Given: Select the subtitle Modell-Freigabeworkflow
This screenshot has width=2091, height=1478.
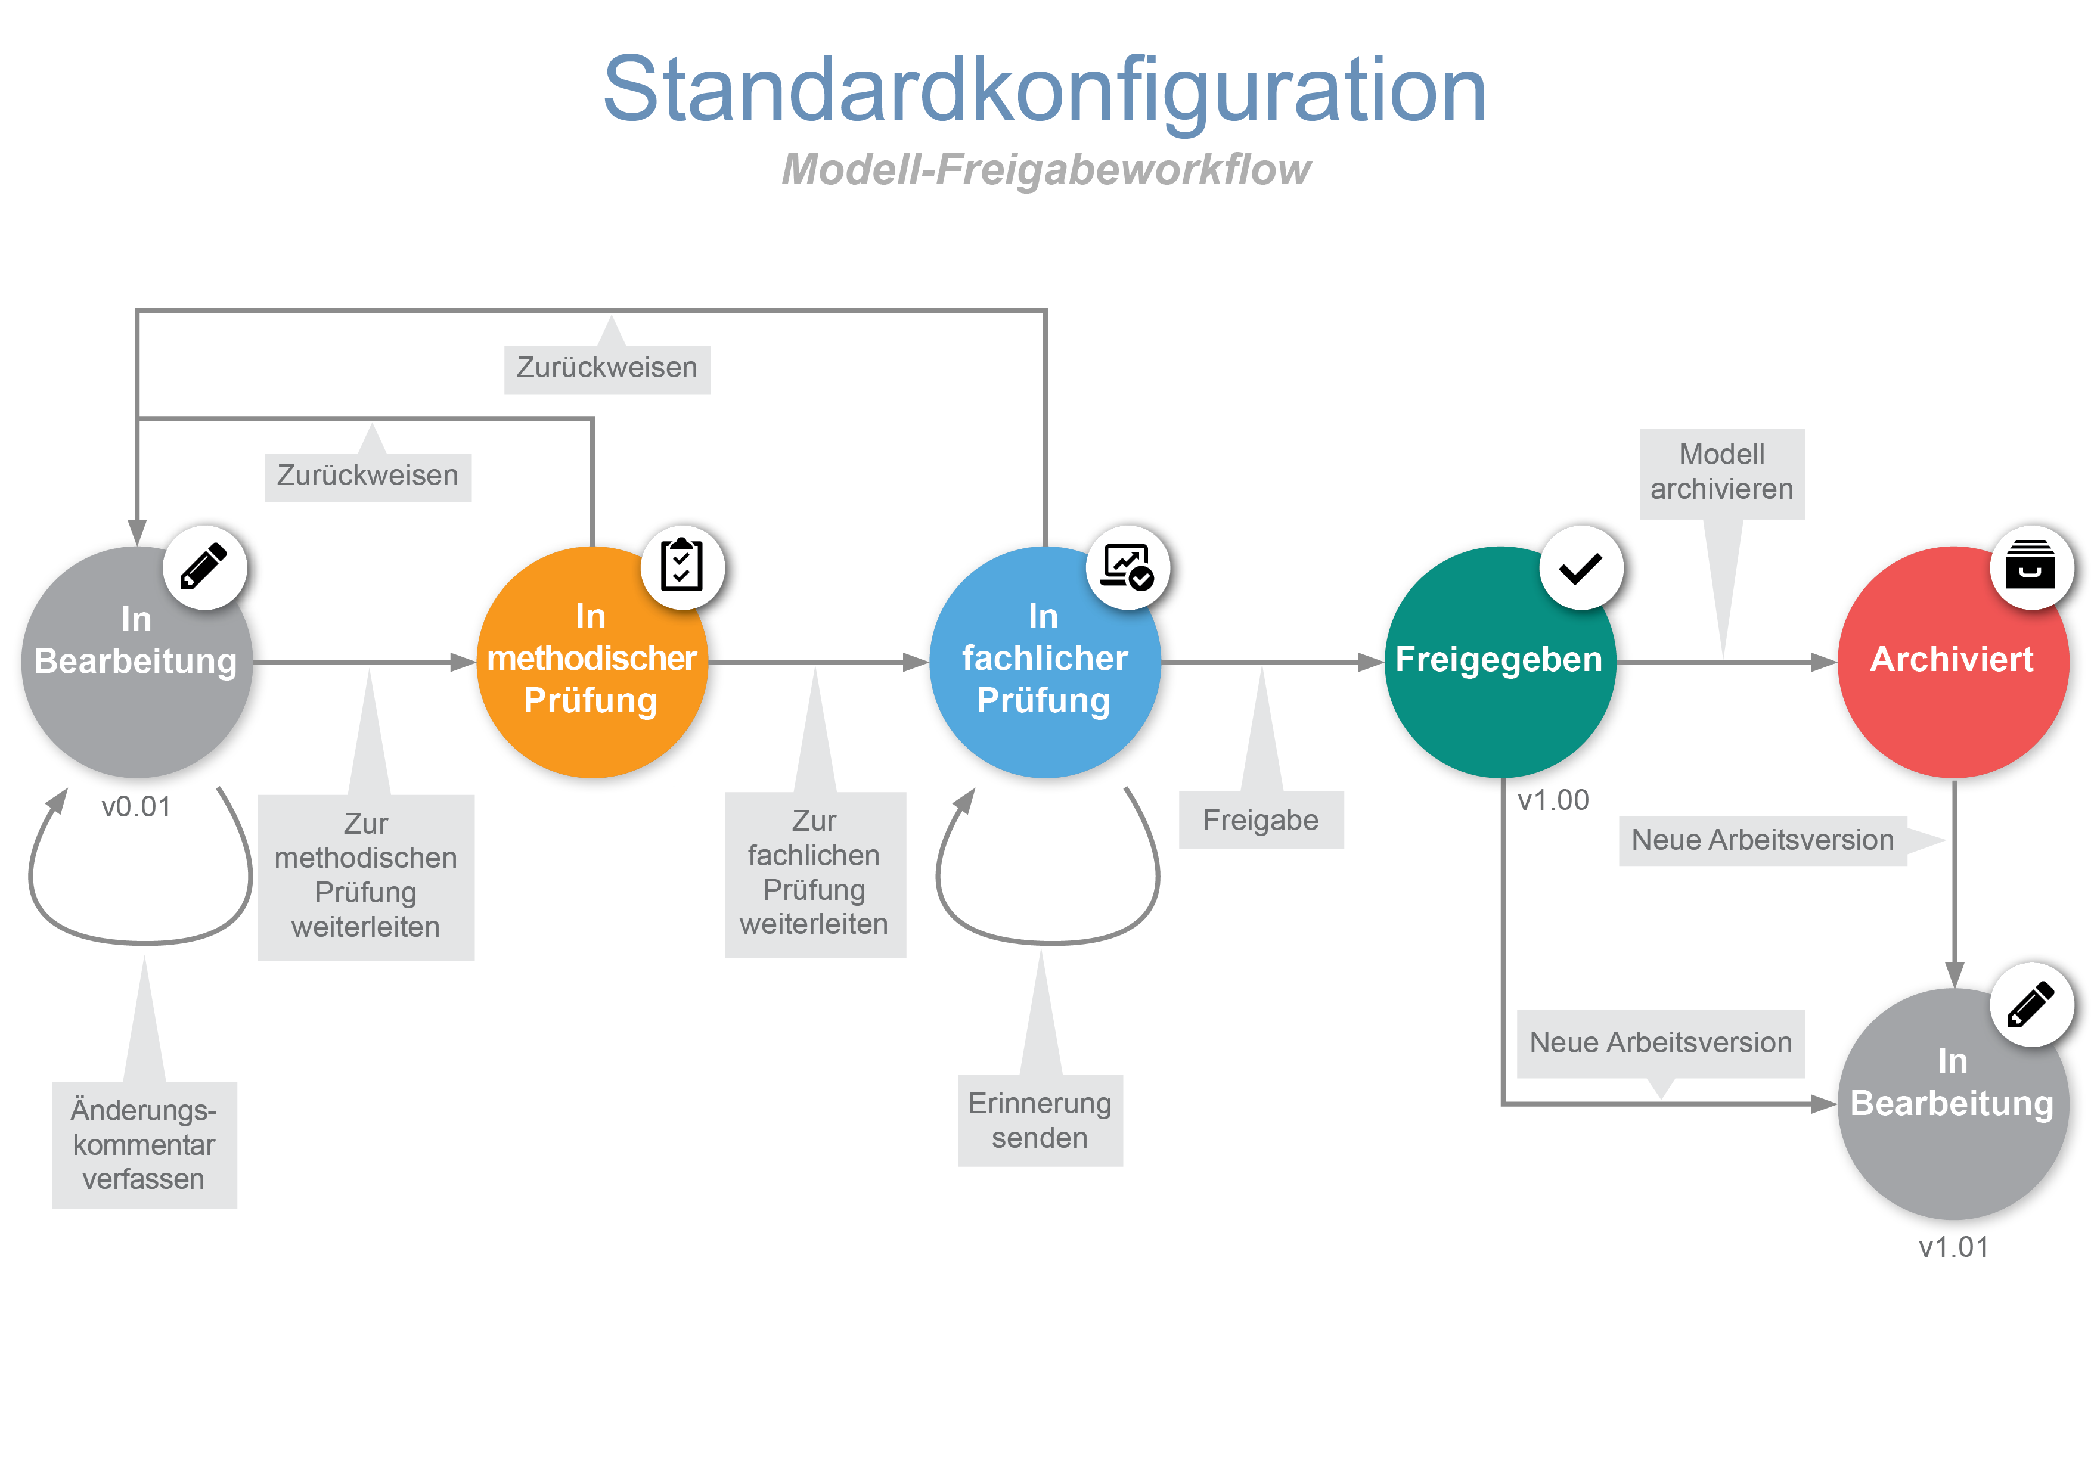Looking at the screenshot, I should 1045,169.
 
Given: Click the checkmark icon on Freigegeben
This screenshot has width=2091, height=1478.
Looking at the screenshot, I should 1580,568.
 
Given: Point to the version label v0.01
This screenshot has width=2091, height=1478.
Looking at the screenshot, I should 136,807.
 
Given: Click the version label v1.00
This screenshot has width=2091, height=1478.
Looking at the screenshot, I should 1553,800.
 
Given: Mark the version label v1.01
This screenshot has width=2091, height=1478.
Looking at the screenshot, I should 1953,1247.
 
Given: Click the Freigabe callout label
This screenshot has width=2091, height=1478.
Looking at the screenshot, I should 1261,821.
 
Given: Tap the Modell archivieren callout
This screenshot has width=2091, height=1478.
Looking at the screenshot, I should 1721,473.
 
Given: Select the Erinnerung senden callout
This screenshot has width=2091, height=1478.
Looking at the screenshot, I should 1040,1120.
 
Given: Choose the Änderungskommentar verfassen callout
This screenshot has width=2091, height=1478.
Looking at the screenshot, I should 144,1145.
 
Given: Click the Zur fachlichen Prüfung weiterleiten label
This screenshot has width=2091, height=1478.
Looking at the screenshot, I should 814,873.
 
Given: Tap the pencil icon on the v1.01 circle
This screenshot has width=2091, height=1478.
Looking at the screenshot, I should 2030,1004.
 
